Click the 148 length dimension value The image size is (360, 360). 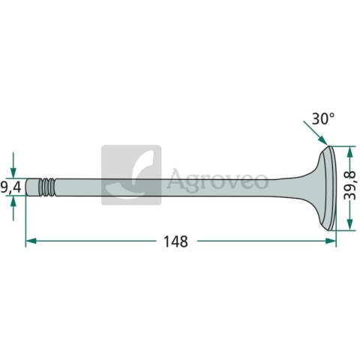tap(175, 241)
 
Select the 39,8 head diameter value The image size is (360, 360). tap(349, 185)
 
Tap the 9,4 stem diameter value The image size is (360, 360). tap(10, 187)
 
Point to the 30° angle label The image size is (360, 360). tap(322, 119)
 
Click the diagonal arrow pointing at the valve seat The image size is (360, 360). tap(315, 133)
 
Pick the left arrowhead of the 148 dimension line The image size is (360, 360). tap(31, 241)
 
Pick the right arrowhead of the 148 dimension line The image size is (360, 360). tap(331, 241)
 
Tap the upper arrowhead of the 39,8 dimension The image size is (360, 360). tap(349, 151)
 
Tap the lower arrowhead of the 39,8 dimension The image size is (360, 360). tap(349, 224)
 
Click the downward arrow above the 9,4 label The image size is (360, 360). tap(13, 165)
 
